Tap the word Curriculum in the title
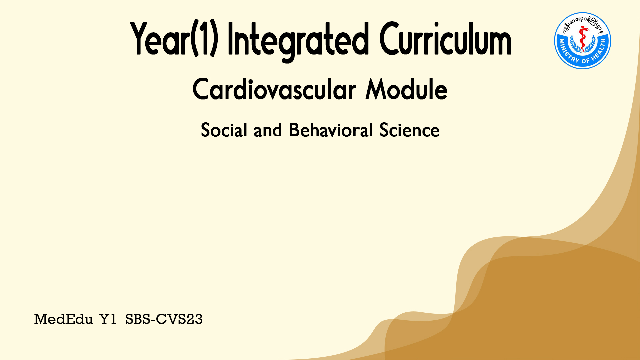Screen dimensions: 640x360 pos(445,38)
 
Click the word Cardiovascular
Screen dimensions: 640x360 pos(274,89)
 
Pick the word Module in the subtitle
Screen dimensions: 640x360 pos(406,89)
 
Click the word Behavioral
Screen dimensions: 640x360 pos(331,130)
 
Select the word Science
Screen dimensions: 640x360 pos(409,130)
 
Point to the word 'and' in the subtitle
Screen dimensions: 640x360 pos(268,130)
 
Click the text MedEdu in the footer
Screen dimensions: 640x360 pos(63,319)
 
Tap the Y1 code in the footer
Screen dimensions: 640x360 pos(108,319)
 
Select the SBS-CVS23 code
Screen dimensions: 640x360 pos(164,319)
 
